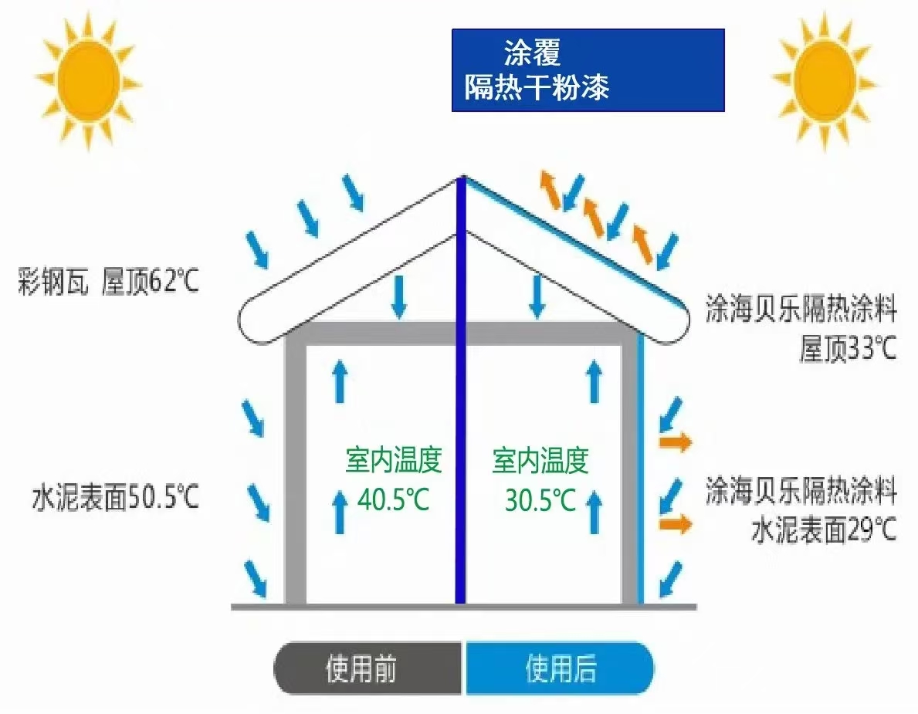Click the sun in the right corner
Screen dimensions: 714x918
click(x=824, y=80)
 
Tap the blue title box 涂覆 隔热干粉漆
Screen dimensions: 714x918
click(x=588, y=70)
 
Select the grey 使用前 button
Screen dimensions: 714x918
click(x=369, y=668)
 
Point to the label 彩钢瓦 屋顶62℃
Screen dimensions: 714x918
click(x=109, y=283)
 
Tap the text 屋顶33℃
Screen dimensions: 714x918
click(x=848, y=349)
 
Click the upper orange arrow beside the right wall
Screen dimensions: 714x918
click(x=675, y=442)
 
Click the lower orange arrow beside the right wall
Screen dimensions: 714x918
click(x=675, y=524)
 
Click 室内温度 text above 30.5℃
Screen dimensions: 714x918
click(x=540, y=461)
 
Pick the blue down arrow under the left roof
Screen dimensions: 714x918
click(x=398, y=296)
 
